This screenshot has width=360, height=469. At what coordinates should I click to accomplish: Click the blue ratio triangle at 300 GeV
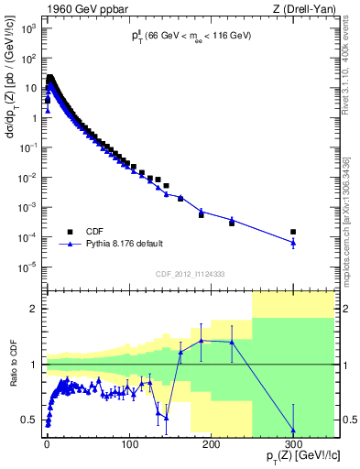pos(293,430)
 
